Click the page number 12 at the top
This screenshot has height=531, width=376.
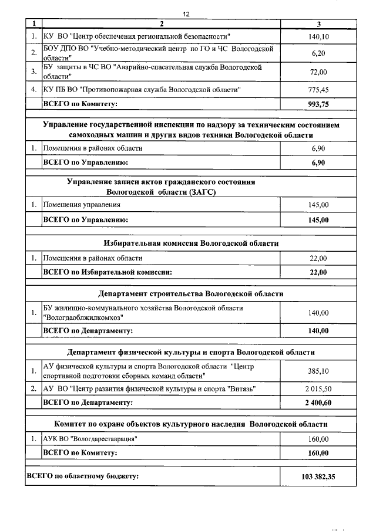point(186,13)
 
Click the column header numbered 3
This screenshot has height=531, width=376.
point(318,24)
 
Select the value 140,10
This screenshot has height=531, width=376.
point(318,36)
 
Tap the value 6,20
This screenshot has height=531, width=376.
point(318,53)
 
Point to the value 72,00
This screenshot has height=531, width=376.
point(318,72)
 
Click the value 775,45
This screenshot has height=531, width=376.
point(318,90)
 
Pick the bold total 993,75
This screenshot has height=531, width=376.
point(318,104)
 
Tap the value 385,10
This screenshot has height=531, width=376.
point(318,371)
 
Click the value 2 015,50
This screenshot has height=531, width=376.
point(318,389)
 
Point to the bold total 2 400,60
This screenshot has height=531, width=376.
point(318,403)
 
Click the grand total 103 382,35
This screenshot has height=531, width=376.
point(318,476)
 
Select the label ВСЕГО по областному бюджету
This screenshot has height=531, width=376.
point(83,476)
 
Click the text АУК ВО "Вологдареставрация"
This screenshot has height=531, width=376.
point(93,439)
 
